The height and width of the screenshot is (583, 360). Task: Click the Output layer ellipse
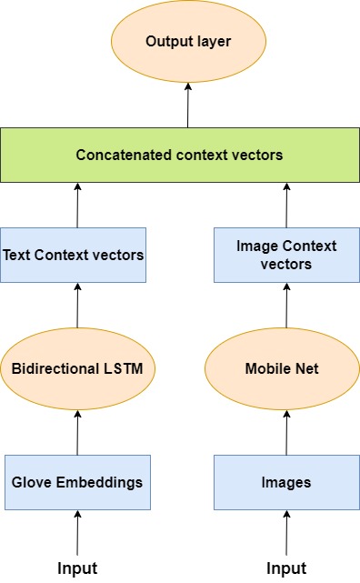(x=188, y=43)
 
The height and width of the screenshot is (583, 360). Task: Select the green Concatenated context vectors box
(x=180, y=155)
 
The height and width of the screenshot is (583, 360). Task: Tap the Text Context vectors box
(x=75, y=255)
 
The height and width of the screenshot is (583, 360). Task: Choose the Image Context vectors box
(x=286, y=255)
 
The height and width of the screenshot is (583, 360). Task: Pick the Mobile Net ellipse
(x=286, y=369)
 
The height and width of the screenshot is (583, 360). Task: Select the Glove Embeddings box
(x=76, y=481)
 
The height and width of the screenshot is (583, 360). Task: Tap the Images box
(x=286, y=481)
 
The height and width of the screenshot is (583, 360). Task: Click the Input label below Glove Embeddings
(x=76, y=568)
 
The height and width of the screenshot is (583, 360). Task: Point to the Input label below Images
(x=286, y=568)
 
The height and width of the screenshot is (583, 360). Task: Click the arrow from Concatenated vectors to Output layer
(x=188, y=105)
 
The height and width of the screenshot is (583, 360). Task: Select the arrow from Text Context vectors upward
(x=76, y=204)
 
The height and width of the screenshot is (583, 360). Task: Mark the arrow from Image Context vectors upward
(x=286, y=204)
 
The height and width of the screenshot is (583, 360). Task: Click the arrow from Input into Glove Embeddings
(x=76, y=532)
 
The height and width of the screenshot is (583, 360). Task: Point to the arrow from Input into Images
(x=286, y=532)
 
